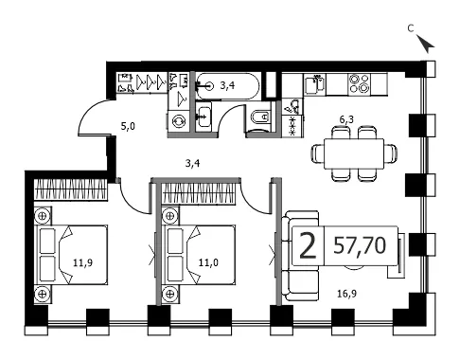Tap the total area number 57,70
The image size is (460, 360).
point(360,245)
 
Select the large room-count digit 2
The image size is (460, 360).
point(308,245)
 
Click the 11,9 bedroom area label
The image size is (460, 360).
point(83,262)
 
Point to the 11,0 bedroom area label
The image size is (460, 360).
point(208,262)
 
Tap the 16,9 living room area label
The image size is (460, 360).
point(347,294)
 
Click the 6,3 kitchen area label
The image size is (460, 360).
point(346,119)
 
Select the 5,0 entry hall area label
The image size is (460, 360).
point(128,127)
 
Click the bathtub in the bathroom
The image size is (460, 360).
point(228,86)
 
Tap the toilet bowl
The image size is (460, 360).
point(260,117)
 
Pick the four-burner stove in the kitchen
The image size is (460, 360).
point(359,83)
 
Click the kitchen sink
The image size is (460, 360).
point(314,83)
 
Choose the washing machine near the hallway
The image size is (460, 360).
point(179,121)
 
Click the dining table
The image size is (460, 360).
point(354,153)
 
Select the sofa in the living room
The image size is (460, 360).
point(300,256)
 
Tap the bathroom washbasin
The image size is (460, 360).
point(203,117)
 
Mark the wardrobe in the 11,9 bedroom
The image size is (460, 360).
point(71,189)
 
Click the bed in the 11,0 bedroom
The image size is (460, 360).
point(199,255)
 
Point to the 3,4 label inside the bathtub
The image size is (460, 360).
point(227,85)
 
